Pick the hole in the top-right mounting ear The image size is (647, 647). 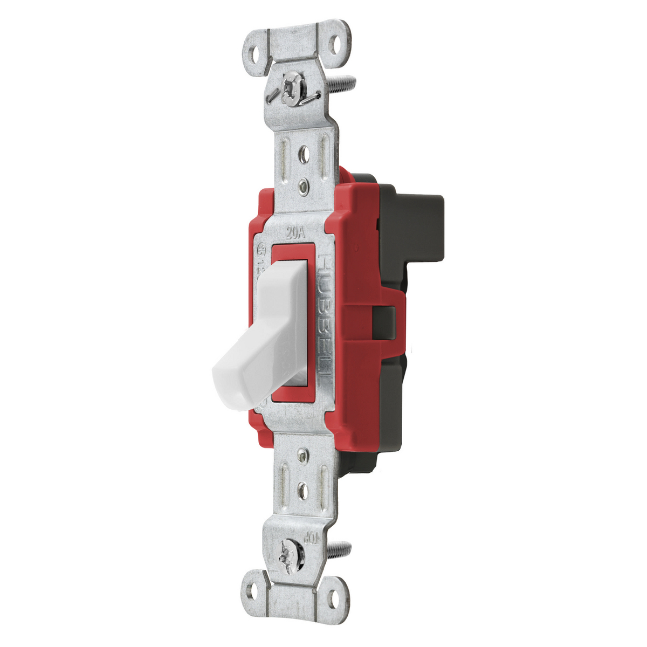point(338,45)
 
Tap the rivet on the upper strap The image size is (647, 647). point(304,187)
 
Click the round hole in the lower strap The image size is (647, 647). point(303,491)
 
